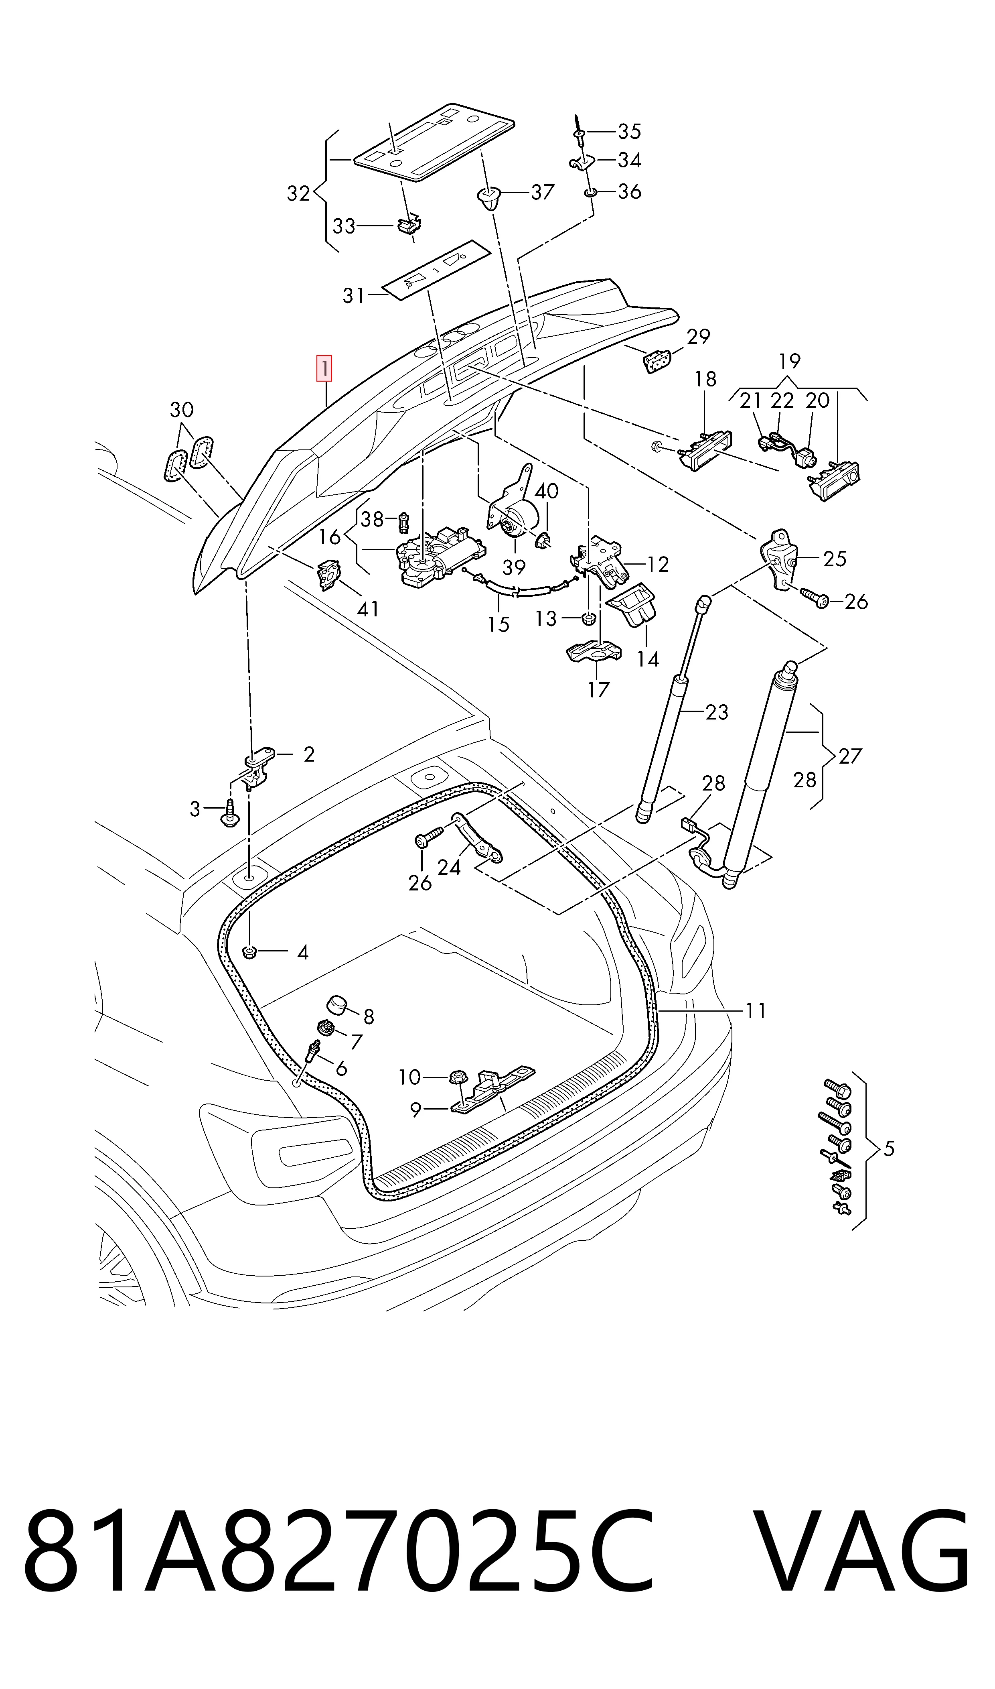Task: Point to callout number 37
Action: (543, 193)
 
